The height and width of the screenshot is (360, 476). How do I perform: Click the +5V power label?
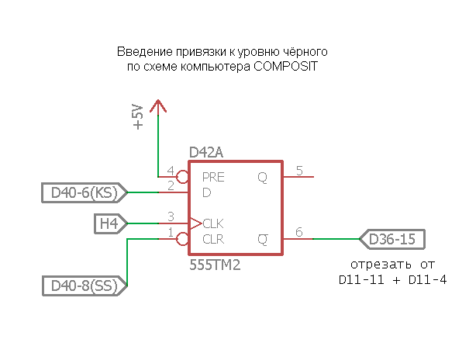(138, 116)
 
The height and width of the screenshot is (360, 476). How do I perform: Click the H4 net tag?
(109, 223)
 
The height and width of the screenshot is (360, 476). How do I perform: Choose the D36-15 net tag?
(391, 239)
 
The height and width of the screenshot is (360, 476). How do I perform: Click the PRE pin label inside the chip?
(213, 177)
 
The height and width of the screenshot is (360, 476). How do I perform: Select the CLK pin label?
(213, 223)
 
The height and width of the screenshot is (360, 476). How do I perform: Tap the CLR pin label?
(213, 239)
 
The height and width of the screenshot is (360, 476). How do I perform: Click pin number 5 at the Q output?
(299, 171)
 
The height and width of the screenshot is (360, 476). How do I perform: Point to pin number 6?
(299, 232)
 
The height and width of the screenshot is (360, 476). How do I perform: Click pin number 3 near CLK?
(171, 217)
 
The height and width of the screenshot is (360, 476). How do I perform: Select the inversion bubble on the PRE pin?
(183, 176)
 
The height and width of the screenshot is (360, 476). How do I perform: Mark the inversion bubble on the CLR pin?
(183, 239)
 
